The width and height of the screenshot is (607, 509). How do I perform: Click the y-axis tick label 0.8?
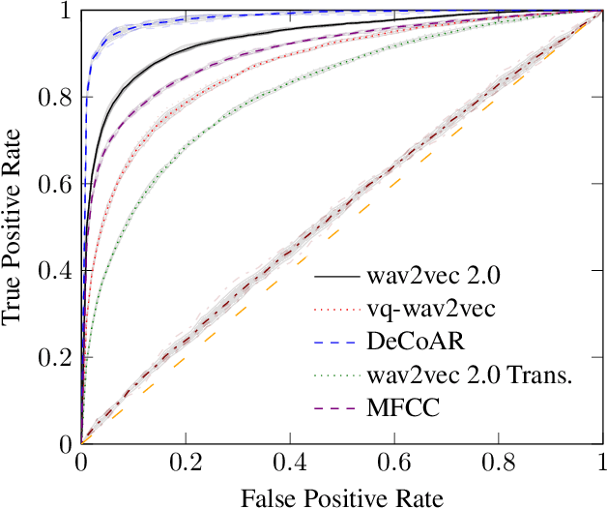(x=53, y=99)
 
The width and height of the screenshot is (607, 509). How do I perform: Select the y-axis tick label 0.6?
(x=53, y=185)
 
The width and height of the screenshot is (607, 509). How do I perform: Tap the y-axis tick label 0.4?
(x=53, y=271)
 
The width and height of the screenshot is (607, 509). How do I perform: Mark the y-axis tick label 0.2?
(x=53, y=358)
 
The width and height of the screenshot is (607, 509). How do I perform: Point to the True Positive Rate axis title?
(x=14, y=228)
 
